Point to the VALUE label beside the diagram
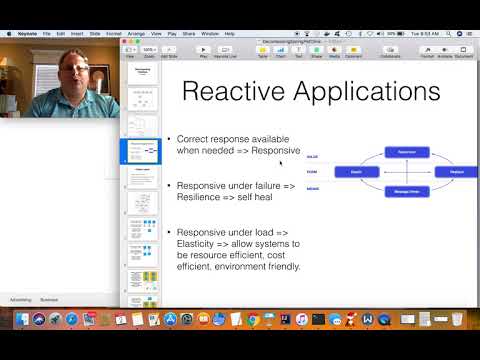point(312,157)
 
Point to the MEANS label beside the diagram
point(312,188)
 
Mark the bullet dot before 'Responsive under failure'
point(169,186)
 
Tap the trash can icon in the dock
point(456,320)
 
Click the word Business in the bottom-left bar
point(49,299)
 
